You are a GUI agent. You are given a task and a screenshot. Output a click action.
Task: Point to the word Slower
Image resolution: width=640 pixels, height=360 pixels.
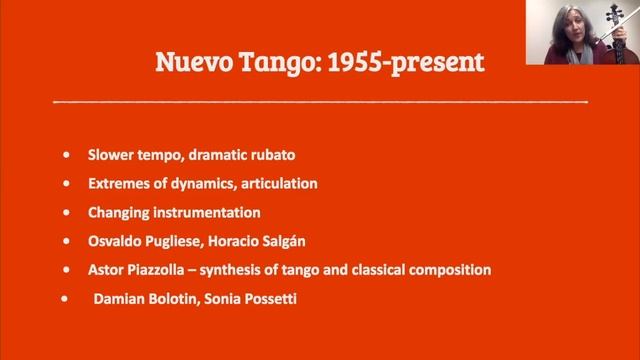pyautogui.click(x=109, y=156)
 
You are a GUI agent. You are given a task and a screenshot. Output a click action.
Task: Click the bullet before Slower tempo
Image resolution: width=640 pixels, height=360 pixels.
pyautogui.click(x=66, y=156)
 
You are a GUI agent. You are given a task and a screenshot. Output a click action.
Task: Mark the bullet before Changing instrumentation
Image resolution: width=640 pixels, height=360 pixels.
pyautogui.click(x=66, y=213)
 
